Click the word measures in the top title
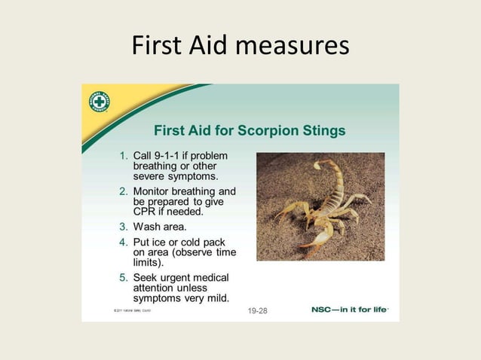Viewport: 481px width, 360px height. click(x=293, y=47)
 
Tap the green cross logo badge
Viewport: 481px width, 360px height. click(x=100, y=102)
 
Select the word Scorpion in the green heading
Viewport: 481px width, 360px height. click(x=266, y=130)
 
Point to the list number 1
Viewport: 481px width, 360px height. click(x=124, y=155)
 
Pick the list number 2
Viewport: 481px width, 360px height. click(x=124, y=191)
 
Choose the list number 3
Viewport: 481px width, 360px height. click(x=124, y=227)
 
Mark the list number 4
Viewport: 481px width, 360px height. click(x=124, y=243)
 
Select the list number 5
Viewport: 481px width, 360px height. click(x=124, y=277)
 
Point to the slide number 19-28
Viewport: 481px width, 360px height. click(x=257, y=310)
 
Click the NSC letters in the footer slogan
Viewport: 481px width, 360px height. click(x=323, y=310)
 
